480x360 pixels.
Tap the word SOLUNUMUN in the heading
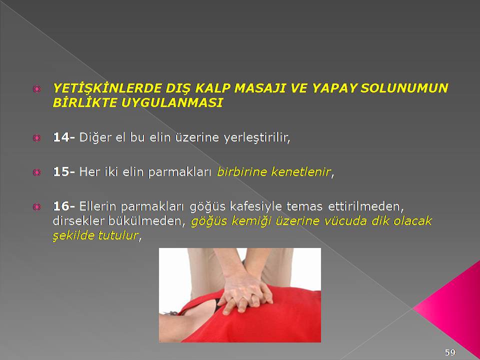tap(404, 88)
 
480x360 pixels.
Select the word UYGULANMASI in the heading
tap(171, 103)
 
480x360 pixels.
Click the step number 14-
tap(63, 137)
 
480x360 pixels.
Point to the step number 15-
tap(63, 171)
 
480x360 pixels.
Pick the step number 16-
tap(63, 206)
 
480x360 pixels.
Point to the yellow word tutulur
tap(118, 235)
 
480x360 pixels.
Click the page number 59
tap(450, 352)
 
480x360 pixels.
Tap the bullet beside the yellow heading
tap(36, 89)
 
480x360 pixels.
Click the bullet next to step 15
tap(36, 172)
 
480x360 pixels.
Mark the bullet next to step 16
tap(36, 207)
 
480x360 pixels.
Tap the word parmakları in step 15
tap(179, 172)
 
